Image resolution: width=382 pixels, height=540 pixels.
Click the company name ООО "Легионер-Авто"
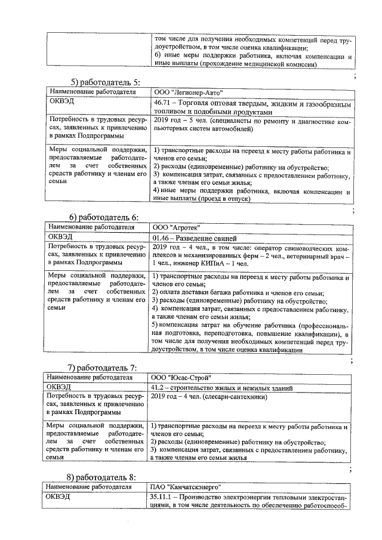[x=187, y=92]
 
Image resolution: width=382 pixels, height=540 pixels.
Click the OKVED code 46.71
[x=162, y=102]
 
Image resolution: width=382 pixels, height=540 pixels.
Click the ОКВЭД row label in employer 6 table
[x=60, y=237]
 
